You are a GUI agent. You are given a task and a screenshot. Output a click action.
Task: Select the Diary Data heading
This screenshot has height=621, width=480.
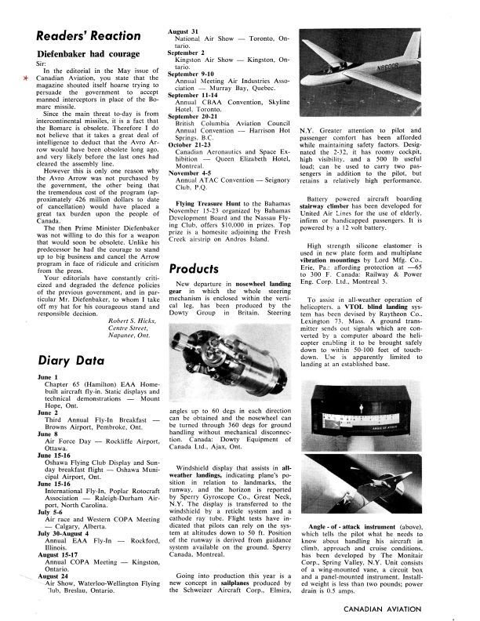point(65,361)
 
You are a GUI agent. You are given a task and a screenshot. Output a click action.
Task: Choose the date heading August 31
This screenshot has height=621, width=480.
point(185,31)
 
